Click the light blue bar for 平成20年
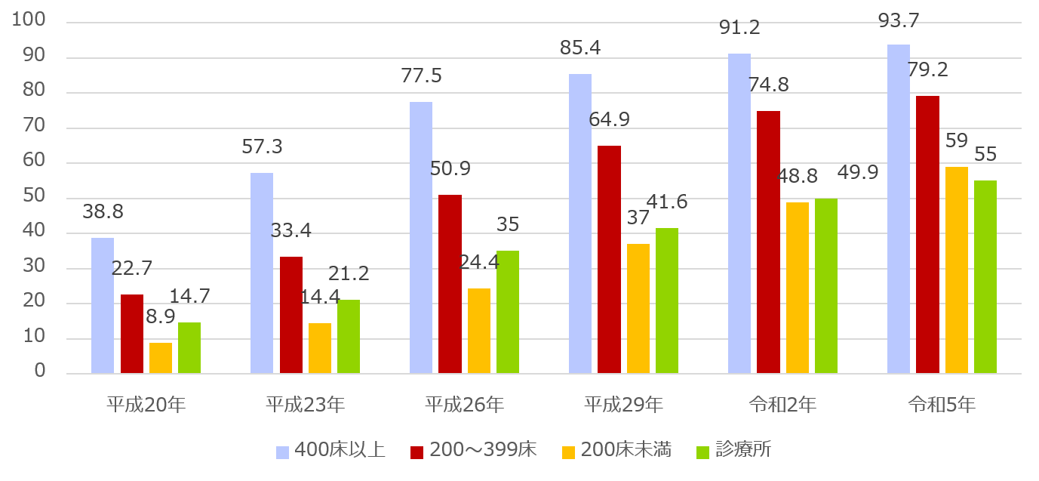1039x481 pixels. pyautogui.click(x=103, y=306)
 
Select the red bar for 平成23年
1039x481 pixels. pyautogui.click(x=291, y=315)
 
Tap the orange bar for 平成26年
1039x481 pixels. pyautogui.click(x=479, y=331)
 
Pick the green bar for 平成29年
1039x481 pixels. pyautogui.click(x=667, y=301)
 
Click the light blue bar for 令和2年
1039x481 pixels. pyautogui.click(x=739, y=214)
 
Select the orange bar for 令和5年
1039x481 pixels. pyautogui.click(x=957, y=270)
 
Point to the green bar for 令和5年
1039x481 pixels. pyautogui.click(x=985, y=277)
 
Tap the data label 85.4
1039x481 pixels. pyautogui.click(x=580, y=48)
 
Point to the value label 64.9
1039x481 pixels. pyautogui.click(x=609, y=119)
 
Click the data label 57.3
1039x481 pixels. pyautogui.click(x=262, y=146)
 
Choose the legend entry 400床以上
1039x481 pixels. pyautogui.click(x=331, y=451)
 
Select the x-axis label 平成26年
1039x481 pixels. pyautogui.click(x=463, y=405)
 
